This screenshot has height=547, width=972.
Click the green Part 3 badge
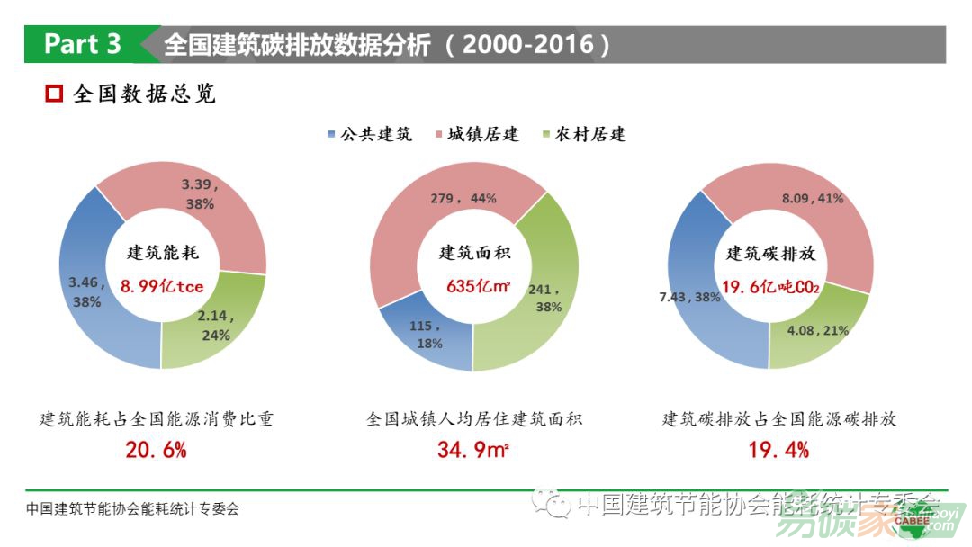83,44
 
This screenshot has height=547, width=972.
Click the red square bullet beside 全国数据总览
54,94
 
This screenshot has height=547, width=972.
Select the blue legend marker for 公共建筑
332,135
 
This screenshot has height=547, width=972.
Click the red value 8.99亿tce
162,287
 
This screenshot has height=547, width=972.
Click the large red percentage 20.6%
156,450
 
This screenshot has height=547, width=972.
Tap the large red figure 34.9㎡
473,450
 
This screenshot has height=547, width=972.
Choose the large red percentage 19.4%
778,450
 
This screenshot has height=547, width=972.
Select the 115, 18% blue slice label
426,335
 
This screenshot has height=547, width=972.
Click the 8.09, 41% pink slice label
812,198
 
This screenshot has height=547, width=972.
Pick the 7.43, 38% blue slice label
689,297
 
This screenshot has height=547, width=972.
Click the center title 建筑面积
473,254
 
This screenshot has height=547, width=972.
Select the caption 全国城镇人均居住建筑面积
474,419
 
